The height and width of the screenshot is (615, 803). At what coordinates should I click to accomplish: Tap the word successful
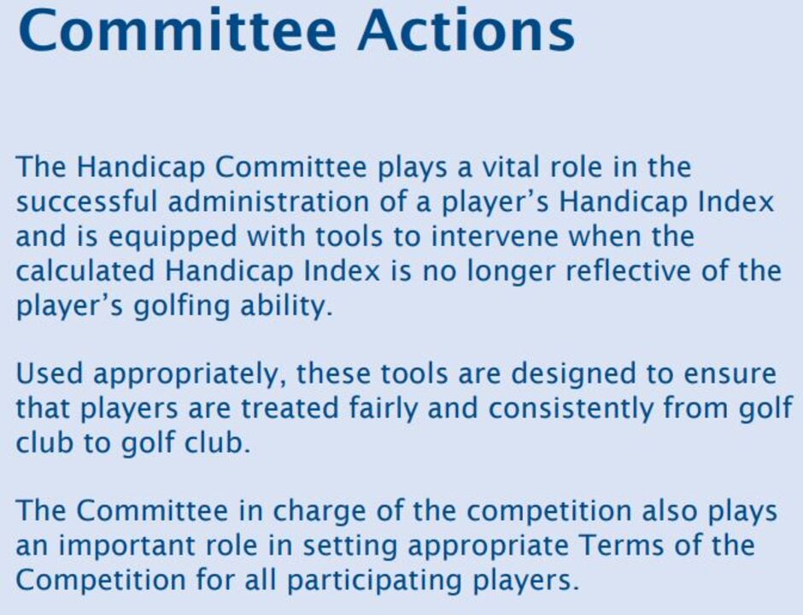(86, 202)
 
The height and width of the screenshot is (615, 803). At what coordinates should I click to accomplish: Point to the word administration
(268, 202)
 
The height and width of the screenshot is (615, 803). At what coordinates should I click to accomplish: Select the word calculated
(85, 271)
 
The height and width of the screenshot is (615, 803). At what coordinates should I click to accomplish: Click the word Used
(50, 373)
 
